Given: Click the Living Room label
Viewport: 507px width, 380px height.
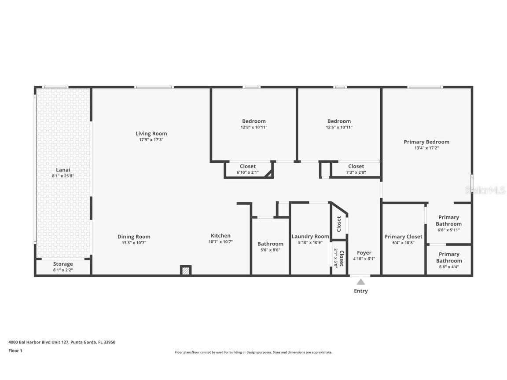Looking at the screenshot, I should tap(151, 134).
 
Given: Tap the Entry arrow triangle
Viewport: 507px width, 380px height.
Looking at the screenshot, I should tap(361, 282).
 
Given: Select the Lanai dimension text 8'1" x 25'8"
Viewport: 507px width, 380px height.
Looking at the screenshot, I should tap(63, 176).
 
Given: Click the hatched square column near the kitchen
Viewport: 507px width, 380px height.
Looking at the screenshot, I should tap(186, 270).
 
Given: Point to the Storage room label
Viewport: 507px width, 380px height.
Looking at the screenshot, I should tap(63, 264).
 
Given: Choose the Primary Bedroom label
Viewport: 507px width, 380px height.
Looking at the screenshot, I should tap(426, 142).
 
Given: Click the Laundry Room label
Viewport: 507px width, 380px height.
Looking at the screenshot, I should tap(310, 237).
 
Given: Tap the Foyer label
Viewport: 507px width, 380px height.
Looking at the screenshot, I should tap(364, 253).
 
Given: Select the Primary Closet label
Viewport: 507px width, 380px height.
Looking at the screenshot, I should tap(403, 237).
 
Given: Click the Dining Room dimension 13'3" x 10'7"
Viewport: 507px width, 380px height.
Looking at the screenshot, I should tap(134, 243).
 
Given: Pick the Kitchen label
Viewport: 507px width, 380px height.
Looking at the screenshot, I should tap(220, 236).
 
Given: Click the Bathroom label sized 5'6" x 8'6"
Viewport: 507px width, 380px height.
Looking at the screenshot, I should tap(270, 244).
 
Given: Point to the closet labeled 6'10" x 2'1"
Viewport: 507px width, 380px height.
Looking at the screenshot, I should tap(248, 166).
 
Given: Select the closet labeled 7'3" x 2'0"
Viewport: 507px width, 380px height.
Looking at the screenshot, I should tap(356, 166).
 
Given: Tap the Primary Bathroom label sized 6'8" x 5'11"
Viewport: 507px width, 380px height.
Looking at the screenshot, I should tap(448, 220).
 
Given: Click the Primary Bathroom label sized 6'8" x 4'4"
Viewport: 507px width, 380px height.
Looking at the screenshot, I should tap(449, 257).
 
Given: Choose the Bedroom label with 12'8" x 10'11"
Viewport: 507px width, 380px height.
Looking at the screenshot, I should tap(254, 121).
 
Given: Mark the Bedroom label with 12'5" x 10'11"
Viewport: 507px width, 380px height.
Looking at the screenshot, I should tap(339, 121).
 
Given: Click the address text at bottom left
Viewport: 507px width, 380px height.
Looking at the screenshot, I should tap(62, 342).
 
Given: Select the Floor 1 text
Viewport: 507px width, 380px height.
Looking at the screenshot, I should tap(15, 351).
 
